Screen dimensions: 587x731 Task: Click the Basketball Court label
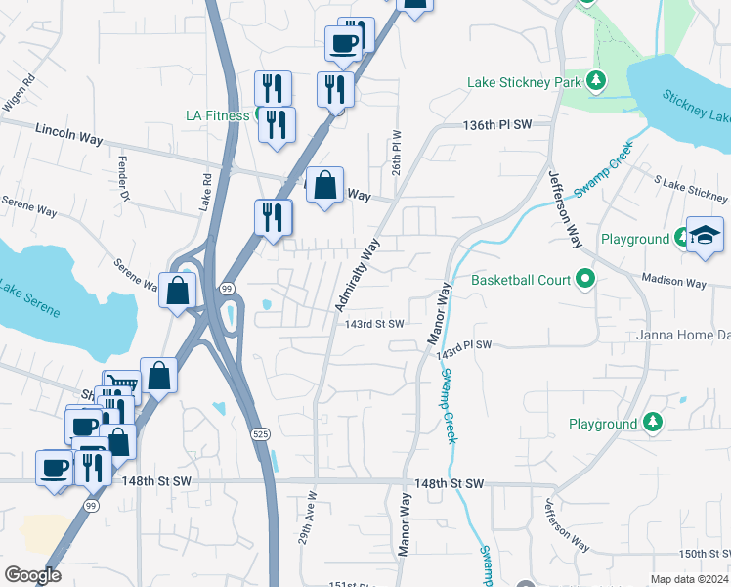[520, 281]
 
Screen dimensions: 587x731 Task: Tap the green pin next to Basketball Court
[585, 281]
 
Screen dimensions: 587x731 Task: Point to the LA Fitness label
[218, 114]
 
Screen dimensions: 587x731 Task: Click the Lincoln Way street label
[68, 134]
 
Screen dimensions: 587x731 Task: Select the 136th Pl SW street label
[496, 126]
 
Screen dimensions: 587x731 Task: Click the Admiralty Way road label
[358, 278]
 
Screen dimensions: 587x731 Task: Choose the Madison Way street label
[673, 283]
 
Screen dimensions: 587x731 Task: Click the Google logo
[32, 575]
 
